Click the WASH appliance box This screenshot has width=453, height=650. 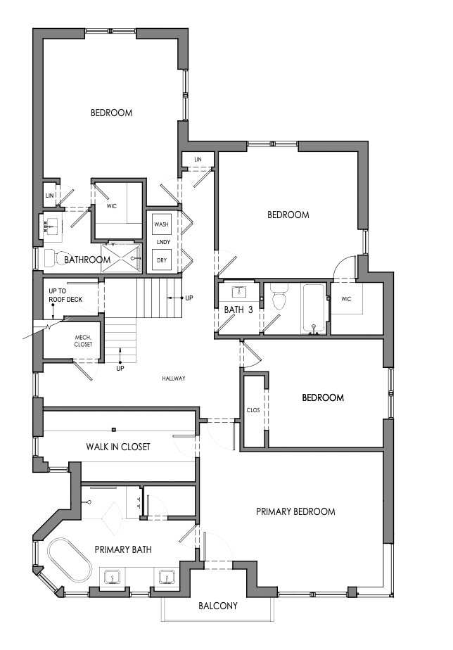[161, 224]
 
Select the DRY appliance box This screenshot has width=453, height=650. [161, 260]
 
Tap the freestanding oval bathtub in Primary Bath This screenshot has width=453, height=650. [70, 561]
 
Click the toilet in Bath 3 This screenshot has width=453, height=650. [279, 300]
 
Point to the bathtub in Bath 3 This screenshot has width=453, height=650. [314, 308]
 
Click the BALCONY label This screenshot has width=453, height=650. [217, 606]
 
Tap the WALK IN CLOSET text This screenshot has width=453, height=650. [118, 447]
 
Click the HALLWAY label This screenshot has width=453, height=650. [174, 378]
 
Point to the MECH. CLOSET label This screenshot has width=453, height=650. [84, 341]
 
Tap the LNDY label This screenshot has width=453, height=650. [161, 242]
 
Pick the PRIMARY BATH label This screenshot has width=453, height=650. [123, 549]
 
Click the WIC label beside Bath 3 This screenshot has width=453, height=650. [347, 298]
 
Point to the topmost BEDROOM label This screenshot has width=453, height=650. [112, 113]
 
